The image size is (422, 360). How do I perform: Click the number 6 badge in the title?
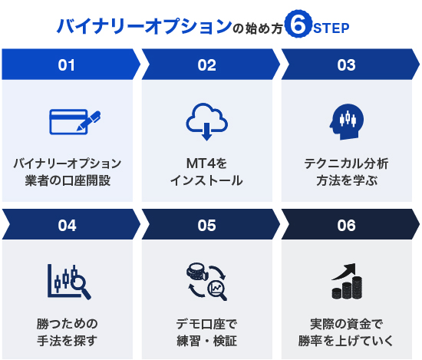tap(298, 24)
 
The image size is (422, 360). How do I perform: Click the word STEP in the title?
tap(331, 28)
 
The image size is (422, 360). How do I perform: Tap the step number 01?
tap(66, 65)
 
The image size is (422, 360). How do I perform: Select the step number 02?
tap(206, 65)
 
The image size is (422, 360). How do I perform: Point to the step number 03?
tap(346, 65)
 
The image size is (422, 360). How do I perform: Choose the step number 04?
tap(67, 226)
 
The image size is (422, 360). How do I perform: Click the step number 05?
tap(206, 226)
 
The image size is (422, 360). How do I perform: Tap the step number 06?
tap(346, 226)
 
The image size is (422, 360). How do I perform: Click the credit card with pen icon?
tap(75, 122)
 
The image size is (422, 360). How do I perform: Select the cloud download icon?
tap(206, 122)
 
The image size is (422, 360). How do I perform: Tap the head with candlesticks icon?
tap(347, 122)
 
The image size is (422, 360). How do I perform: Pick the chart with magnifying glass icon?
tap(69, 282)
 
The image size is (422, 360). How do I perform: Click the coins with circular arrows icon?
tap(206, 282)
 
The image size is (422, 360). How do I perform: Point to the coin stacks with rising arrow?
tap(347, 281)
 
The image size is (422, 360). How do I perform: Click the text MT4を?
tap(206, 163)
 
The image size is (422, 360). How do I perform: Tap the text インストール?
tap(206, 180)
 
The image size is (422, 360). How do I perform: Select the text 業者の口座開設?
tap(68, 180)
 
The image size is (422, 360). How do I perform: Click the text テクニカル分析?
tap(346, 163)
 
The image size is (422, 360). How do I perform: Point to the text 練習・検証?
tap(206, 341)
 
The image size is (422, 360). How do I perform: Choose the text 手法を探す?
tap(67, 341)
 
